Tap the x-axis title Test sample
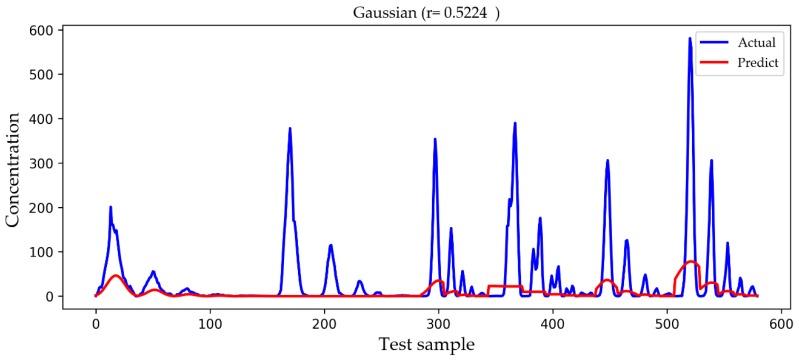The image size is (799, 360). [x=426, y=344]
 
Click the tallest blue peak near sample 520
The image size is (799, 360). [x=690, y=39]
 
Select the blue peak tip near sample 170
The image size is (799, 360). [x=290, y=128]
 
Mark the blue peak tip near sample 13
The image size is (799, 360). [x=111, y=207]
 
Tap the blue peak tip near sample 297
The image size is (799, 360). [x=435, y=139]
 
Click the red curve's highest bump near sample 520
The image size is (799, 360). [x=691, y=262]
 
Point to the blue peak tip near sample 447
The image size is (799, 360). [x=607, y=160]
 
